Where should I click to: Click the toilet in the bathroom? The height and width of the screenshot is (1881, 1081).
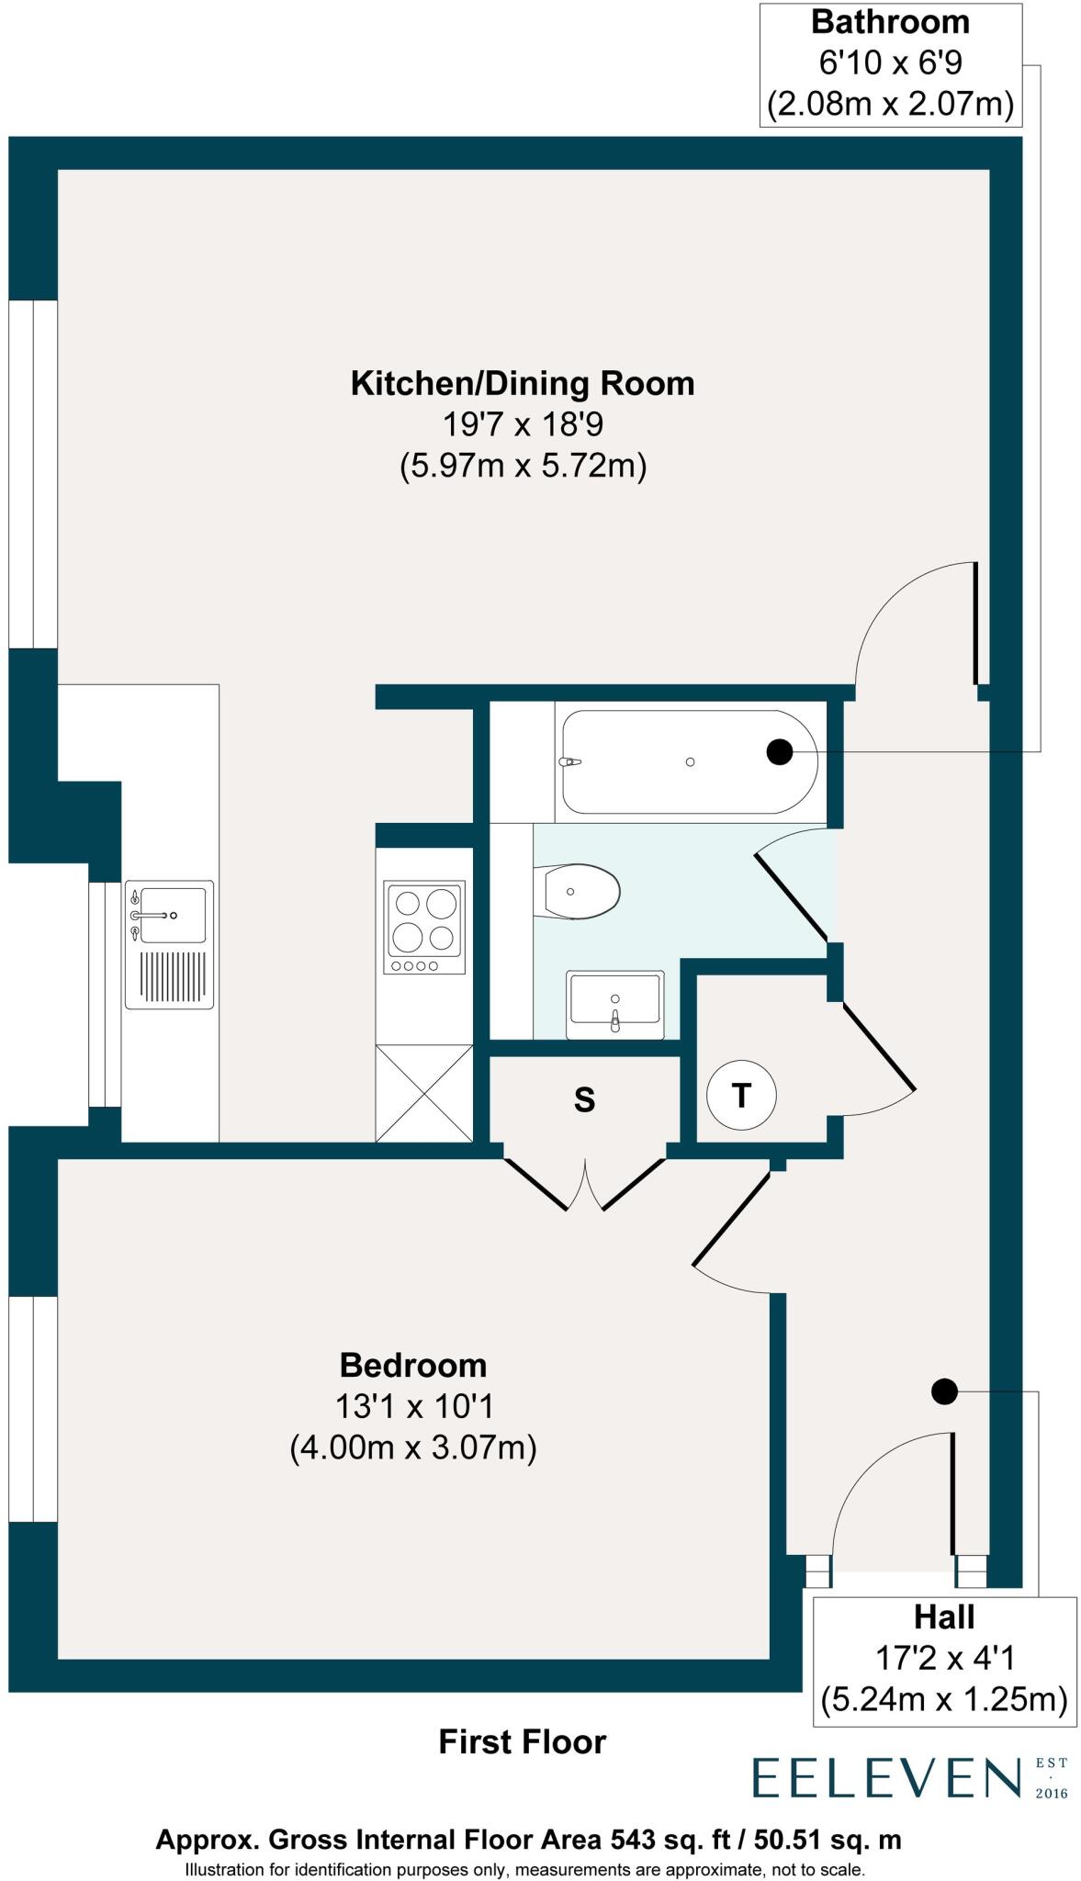pos(580,891)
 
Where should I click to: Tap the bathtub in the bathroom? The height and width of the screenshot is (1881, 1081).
pos(687,761)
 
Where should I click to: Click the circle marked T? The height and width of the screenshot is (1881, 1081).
pos(741,1095)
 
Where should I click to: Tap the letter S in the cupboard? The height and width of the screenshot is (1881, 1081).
pos(584,1099)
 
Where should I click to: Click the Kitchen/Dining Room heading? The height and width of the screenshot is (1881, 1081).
pos(522,383)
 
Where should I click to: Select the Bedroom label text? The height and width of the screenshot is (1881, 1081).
pos(413,1366)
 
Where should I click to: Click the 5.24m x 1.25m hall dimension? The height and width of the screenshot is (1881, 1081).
pos(944,1699)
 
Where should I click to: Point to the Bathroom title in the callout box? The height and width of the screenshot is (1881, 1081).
pos(890,22)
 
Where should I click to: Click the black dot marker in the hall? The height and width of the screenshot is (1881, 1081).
pos(944,1391)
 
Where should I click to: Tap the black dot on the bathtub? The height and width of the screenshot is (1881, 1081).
pos(779,752)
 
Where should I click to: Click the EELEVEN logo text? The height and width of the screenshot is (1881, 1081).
pos(887,1777)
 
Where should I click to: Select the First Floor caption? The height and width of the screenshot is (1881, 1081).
pos(522,1742)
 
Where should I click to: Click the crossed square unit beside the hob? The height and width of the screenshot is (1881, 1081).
pos(423,1093)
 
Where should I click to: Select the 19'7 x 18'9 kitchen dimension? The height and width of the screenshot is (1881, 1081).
pos(522,425)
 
